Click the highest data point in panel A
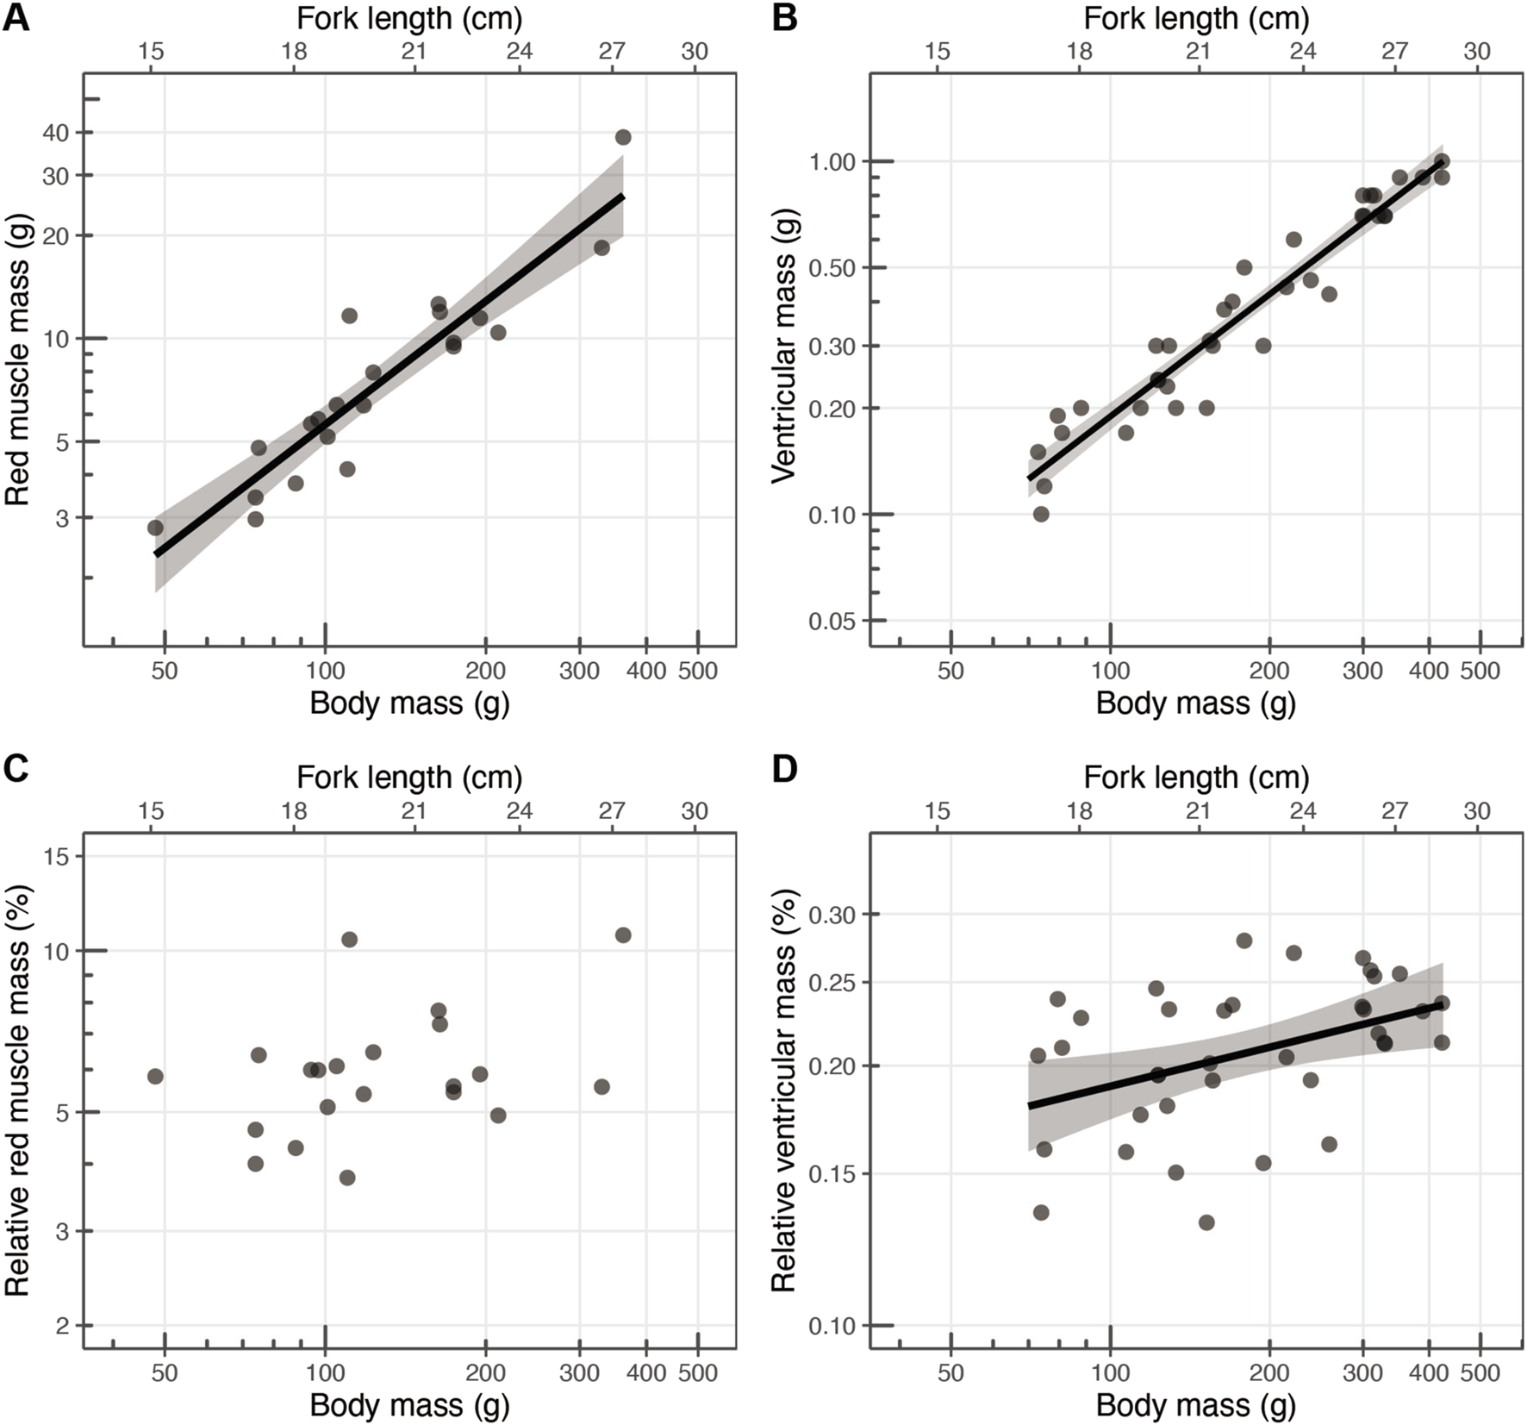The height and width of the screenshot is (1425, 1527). click(623, 137)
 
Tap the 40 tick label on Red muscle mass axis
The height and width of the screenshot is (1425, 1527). click(56, 133)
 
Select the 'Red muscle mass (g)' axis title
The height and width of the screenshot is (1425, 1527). click(17, 359)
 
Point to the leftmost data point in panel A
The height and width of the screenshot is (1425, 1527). click(155, 528)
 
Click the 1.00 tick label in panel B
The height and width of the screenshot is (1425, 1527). click(832, 161)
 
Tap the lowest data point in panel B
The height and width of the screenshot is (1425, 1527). click(1041, 514)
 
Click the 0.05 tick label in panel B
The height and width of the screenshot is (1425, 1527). click(832, 621)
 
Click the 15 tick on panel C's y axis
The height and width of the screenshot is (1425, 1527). click(56, 856)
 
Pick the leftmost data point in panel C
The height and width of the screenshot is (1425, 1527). click(155, 1076)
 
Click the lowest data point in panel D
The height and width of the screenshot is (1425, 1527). click(1206, 1222)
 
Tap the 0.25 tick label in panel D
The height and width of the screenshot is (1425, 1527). click(832, 983)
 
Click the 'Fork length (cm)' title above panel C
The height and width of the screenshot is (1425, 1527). click(409, 777)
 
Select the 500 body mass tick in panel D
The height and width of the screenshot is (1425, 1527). click(1480, 1372)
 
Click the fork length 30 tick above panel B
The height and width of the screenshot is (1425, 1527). click(1477, 51)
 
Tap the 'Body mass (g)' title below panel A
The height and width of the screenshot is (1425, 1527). click(409, 703)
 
